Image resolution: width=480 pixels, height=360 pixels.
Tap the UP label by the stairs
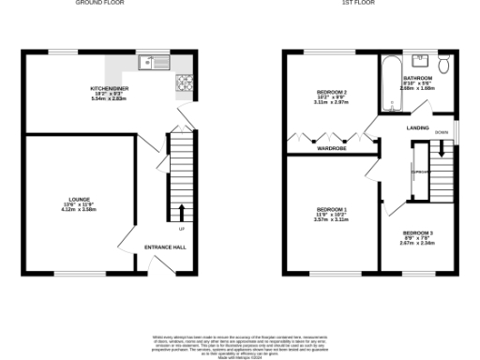181,228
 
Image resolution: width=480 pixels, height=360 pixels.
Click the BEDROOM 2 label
331,92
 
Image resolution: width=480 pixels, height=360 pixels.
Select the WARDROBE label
332,148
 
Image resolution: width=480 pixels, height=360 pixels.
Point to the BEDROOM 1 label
331,208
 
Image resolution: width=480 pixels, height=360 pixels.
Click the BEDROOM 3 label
417,232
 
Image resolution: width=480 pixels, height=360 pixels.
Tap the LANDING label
417,127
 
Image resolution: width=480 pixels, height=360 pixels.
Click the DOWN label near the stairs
441,133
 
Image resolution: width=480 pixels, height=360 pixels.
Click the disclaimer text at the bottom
240,345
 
